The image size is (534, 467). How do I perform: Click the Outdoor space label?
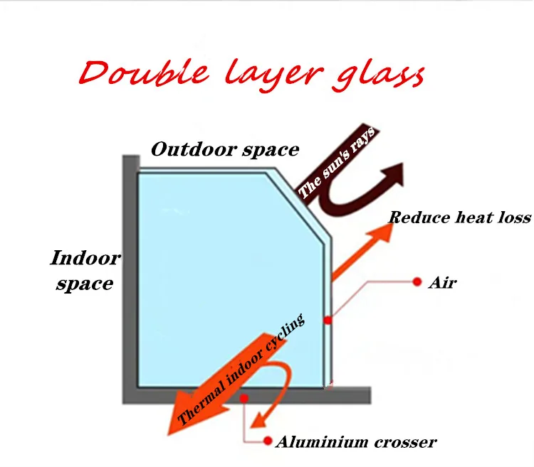click(x=225, y=150)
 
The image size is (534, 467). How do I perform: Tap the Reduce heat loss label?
click(x=460, y=217)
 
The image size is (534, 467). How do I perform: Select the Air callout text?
click(x=442, y=283)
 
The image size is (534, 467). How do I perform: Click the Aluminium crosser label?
click(x=355, y=442)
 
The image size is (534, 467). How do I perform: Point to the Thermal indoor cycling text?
click(x=242, y=369)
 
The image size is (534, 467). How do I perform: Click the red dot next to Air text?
click(x=417, y=283)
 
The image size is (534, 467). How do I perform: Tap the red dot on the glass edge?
click(x=328, y=321)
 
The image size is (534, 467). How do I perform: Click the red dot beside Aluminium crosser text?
click(x=268, y=441)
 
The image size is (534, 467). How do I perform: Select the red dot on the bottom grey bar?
click(x=244, y=399)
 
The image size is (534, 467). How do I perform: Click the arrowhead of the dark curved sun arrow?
click(x=392, y=174)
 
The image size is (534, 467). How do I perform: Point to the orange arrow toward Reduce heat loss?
click(x=363, y=245)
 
